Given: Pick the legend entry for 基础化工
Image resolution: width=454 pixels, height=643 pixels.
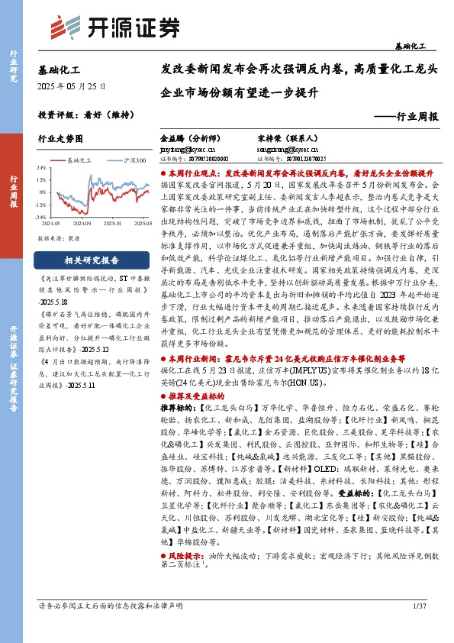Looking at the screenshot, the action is [76, 161].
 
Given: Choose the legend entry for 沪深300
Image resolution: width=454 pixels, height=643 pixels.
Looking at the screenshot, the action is [133, 161].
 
